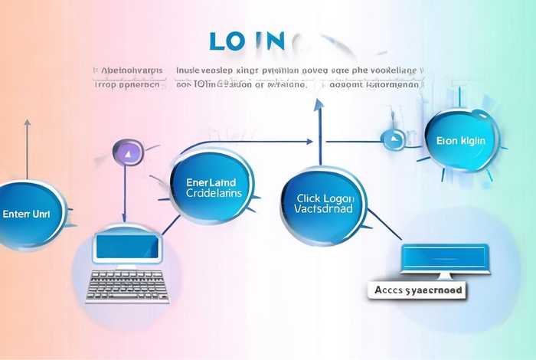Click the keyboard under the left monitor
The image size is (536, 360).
pos(128,286)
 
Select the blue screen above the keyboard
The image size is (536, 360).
pos(128,247)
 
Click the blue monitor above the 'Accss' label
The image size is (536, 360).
pos(446,258)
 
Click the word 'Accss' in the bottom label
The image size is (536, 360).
pos(391,291)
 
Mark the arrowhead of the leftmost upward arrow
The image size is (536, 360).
pos(28,123)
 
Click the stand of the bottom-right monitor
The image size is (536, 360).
pos(444,277)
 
